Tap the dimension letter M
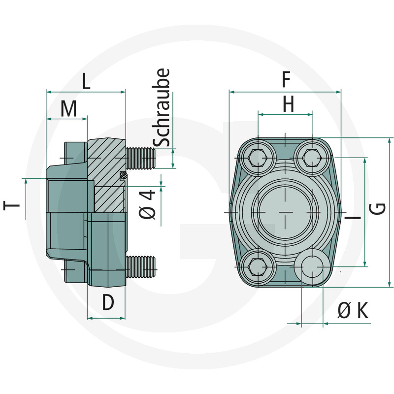click(69, 109)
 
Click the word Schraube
click(162, 108)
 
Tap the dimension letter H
click(288, 104)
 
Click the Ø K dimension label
click(353, 311)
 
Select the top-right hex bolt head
click(313, 158)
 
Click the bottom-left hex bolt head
click(258, 266)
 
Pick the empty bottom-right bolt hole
click(313, 266)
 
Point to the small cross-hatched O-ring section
click(124, 175)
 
